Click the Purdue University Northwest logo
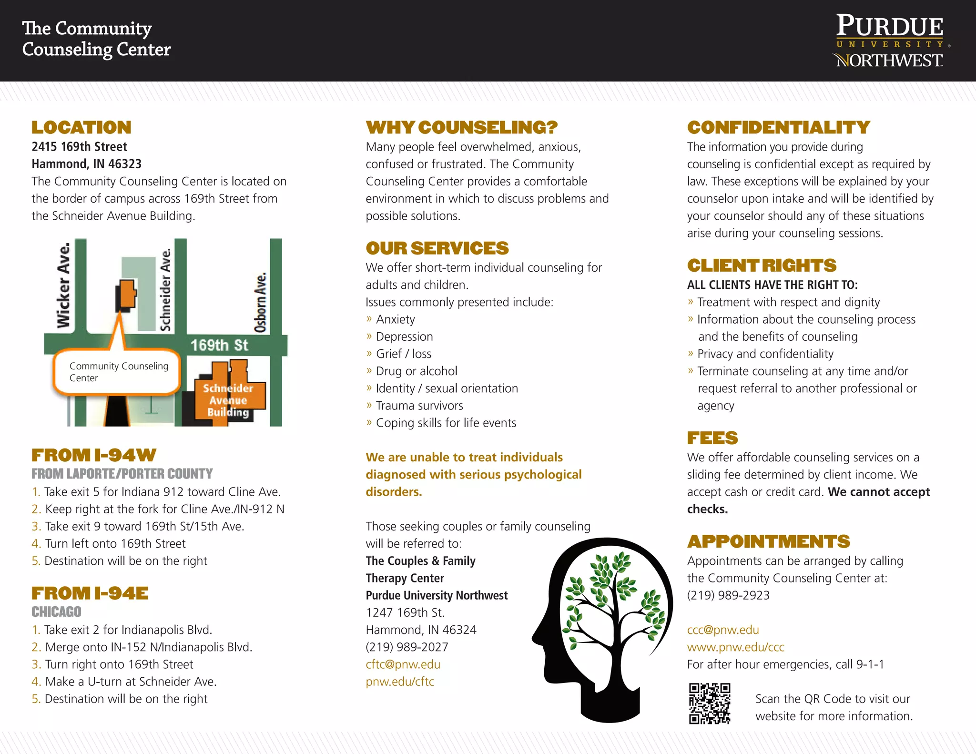[x=890, y=41]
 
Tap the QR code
[x=710, y=703]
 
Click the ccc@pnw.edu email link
[x=722, y=630]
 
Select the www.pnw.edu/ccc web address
[x=735, y=647]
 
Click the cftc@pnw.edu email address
[x=403, y=664]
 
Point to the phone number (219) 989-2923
[x=728, y=595]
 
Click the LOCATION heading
[x=81, y=127]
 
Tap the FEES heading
[x=712, y=438]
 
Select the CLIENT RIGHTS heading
[x=762, y=265]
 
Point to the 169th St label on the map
[x=219, y=345]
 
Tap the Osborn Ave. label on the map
[x=260, y=302]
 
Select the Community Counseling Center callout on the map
[x=118, y=372]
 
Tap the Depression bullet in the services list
[x=404, y=336]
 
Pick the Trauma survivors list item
[x=419, y=406]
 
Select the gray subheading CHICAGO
[x=56, y=611]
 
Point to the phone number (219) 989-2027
[x=407, y=647]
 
